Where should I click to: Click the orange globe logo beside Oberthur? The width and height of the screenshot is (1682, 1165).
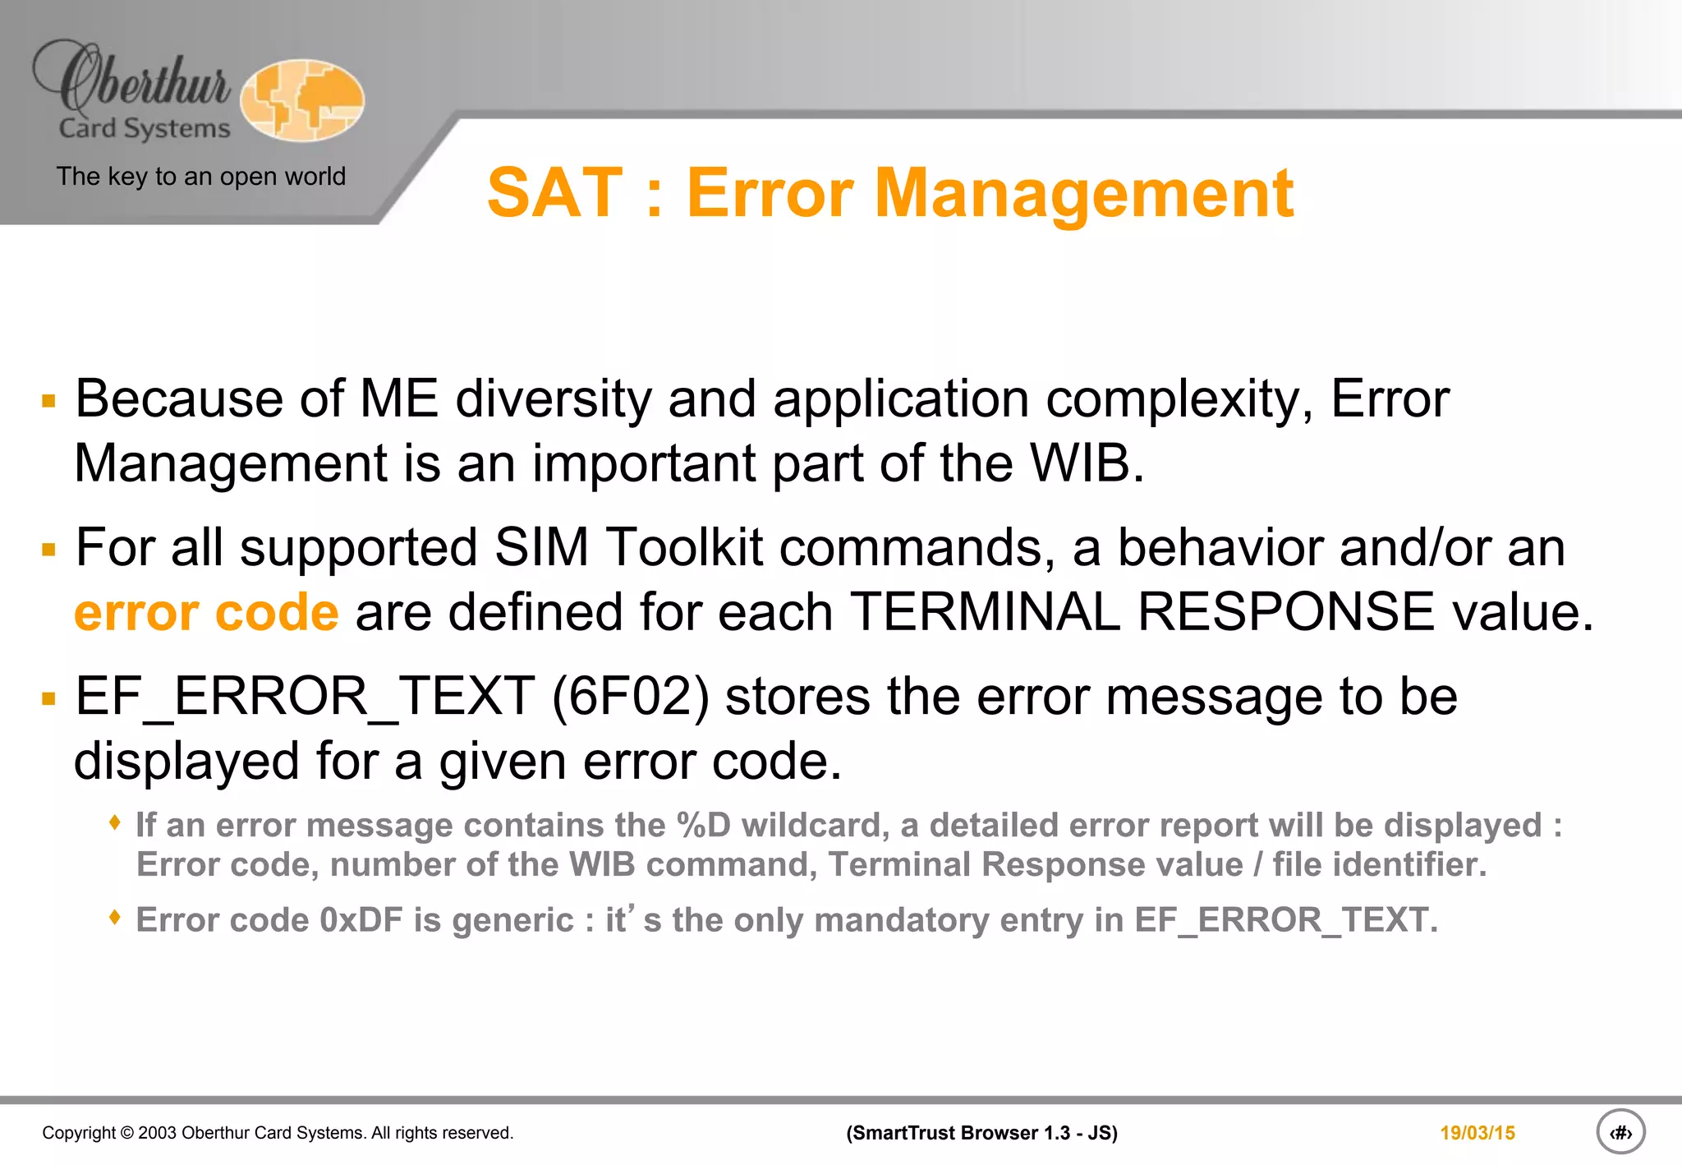click(x=302, y=100)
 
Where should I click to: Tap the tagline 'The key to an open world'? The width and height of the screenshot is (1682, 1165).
click(x=200, y=177)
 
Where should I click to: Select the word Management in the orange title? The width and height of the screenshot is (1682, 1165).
click(x=1084, y=194)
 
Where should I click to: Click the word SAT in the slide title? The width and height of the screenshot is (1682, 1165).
click(x=554, y=194)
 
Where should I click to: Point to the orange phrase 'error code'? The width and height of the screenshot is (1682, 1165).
click(x=206, y=613)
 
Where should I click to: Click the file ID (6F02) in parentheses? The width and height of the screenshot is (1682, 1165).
click(x=630, y=697)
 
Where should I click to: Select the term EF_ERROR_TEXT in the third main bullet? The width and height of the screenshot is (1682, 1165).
click(x=305, y=697)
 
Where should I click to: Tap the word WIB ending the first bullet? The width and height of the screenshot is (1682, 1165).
click(x=1085, y=463)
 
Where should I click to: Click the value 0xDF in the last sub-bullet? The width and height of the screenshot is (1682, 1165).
click(x=361, y=920)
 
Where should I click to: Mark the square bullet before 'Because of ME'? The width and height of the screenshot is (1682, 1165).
click(x=49, y=401)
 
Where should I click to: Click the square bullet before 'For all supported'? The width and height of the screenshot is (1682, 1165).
click(x=49, y=550)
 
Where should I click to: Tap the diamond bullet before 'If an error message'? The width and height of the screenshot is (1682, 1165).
click(x=116, y=822)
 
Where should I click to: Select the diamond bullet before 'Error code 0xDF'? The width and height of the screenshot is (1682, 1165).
click(x=116, y=916)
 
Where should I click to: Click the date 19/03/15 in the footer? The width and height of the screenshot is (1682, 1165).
click(x=1477, y=1133)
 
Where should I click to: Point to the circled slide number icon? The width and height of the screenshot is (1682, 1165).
click(x=1620, y=1132)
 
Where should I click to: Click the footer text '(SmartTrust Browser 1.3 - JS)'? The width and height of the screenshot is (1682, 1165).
click(x=981, y=1133)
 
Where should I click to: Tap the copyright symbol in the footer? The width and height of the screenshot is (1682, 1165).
click(x=126, y=1133)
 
